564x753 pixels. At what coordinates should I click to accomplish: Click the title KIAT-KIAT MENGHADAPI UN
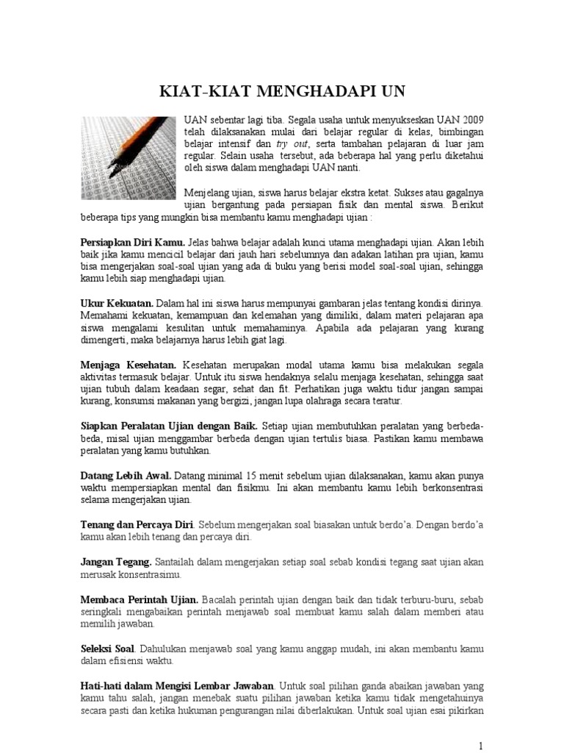tap(282, 91)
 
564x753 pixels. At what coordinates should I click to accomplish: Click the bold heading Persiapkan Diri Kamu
tap(132, 242)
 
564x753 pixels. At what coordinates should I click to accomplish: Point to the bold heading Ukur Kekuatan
tap(116, 304)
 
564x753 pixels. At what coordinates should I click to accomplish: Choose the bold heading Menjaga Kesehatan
tap(128, 365)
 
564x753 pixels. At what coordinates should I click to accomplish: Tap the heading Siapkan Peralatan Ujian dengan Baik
tap(168, 426)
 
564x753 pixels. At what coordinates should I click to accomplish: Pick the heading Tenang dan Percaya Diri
tap(137, 525)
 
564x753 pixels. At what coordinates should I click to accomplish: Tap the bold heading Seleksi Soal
tap(107, 649)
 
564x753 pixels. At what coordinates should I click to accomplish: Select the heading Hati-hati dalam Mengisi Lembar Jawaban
tap(177, 686)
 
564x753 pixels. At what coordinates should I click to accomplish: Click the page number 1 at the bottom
tap(481, 744)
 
